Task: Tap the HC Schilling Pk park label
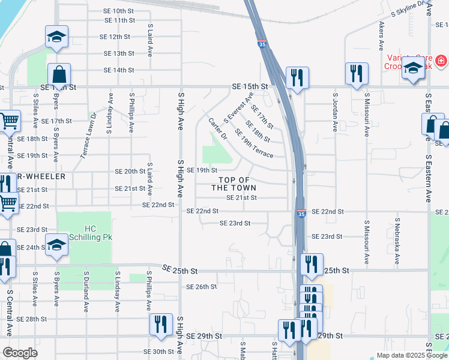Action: pyautogui.click(x=99, y=233)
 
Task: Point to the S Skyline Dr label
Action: pyautogui.click(x=411, y=8)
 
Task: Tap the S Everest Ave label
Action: pyautogui.click(x=238, y=109)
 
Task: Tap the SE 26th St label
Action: pyautogui.click(x=202, y=287)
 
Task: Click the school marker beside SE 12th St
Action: pyautogui.click(x=57, y=38)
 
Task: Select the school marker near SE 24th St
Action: pyautogui.click(x=57, y=245)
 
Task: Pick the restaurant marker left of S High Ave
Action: pyautogui.click(x=160, y=325)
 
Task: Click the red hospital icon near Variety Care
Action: pyautogui.click(x=441, y=61)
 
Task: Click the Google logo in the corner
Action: pyautogui.click(x=20, y=353)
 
